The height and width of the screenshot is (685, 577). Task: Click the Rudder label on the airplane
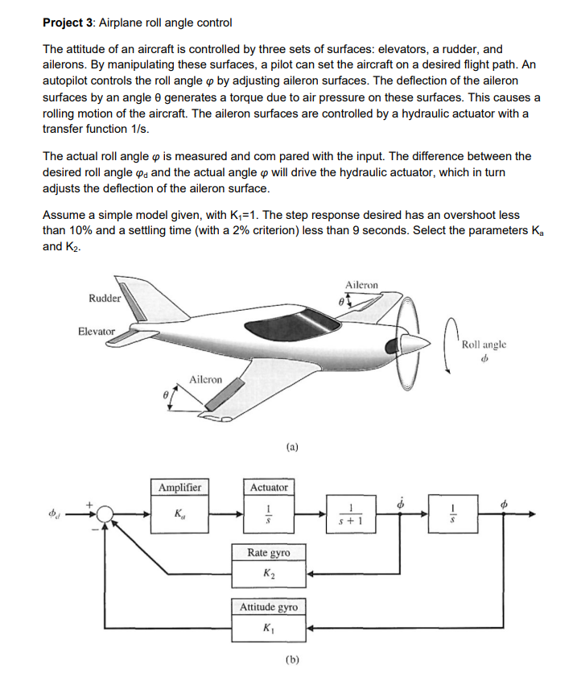[x=105, y=297]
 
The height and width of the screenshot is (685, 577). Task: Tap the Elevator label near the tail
[x=97, y=331]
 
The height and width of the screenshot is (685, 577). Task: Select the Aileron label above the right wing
[x=361, y=284]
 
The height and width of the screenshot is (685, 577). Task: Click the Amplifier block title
[x=180, y=487]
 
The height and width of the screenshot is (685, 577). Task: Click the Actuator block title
[x=269, y=487]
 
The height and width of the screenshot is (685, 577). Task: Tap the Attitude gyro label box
[x=269, y=607]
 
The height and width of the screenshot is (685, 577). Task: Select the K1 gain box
[x=269, y=628]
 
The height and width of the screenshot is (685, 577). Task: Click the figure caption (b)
[x=291, y=660]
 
